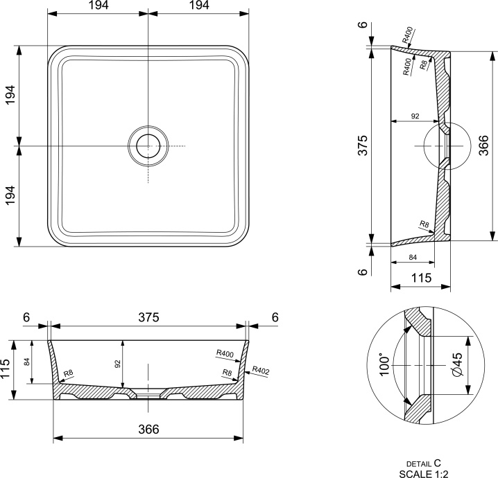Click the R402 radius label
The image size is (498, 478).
pyautogui.click(x=261, y=371)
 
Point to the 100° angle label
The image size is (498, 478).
pyautogui.click(x=384, y=366)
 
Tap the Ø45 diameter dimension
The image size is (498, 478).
pyautogui.click(x=457, y=365)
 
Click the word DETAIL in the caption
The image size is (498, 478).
pyautogui.click(x=419, y=464)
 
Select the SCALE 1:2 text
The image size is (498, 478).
pyautogui.click(x=424, y=474)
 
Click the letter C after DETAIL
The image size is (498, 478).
pyautogui.click(x=438, y=463)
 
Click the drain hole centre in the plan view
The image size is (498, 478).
pyautogui.click(x=148, y=146)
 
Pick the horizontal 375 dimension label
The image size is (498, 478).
pyautogui.click(x=148, y=317)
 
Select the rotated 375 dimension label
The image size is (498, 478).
pyautogui.click(x=362, y=145)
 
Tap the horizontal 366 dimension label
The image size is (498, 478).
pyautogui.click(x=148, y=430)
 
